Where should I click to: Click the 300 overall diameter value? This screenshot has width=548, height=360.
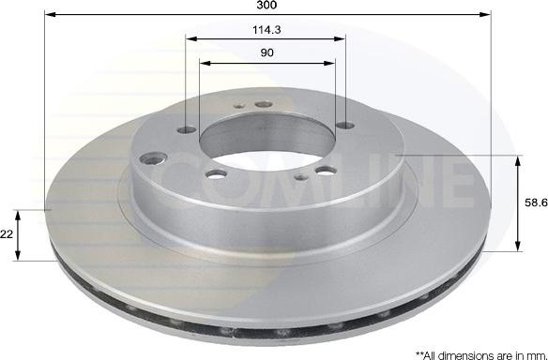point(266,5)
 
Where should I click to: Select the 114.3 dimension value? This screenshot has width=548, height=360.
point(266,30)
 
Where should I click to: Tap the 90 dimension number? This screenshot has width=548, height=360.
point(266,52)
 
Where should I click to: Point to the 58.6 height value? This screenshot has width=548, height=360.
point(536,202)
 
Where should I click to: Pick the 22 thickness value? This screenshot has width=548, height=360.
point(7,234)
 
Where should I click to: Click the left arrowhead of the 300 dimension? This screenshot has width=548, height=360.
point(51,14)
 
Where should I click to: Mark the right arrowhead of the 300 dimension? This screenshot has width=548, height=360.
point(485,14)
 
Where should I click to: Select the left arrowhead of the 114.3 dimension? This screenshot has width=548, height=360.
point(191,38)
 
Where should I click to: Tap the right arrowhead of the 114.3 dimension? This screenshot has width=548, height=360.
point(340,38)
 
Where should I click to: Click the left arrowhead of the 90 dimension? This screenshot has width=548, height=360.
point(205,63)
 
